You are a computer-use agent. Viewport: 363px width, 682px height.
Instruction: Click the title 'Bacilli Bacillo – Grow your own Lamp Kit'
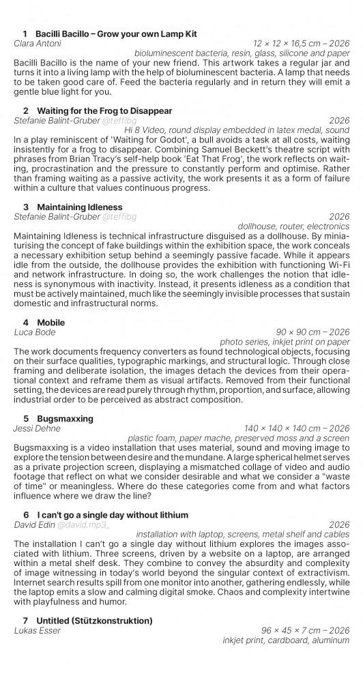pyautogui.click(x=116, y=33)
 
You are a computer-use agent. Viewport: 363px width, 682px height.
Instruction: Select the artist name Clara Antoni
pyautogui.click(x=38, y=44)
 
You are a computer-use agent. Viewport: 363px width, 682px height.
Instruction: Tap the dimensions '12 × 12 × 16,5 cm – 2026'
pyautogui.click(x=301, y=44)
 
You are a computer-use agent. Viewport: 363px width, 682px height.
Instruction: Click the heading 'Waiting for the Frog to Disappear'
pyautogui.click(x=104, y=110)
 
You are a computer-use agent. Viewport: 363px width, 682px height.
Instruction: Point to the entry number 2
pyautogui.click(x=26, y=110)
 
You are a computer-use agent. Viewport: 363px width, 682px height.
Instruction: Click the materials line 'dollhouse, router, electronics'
pyautogui.click(x=293, y=226)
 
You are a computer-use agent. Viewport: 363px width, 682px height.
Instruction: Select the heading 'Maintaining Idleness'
pyautogui.click(x=80, y=207)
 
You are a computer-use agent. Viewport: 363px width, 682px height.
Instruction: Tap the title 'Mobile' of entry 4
pyautogui.click(x=51, y=322)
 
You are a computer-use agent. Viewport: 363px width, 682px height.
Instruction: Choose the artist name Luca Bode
pyautogui.click(x=35, y=332)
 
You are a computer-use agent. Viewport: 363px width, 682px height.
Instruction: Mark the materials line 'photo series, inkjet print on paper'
pyautogui.click(x=285, y=342)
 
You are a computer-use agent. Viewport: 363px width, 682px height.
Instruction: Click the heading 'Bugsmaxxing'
pyautogui.click(x=65, y=418)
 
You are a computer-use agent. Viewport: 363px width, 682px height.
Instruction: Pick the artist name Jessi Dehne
pyautogui.click(x=37, y=428)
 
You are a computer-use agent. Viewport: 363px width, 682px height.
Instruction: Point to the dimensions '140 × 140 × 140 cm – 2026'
pyautogui.click(x=297, y=428)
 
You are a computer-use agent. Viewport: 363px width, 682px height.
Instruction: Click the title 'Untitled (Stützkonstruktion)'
pyautogui.click(x=95, y=621)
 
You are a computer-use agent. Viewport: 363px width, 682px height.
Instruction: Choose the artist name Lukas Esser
pyautogui.click(x=38, y=631)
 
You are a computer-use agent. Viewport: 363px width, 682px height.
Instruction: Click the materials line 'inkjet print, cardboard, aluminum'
pyautogui.click(x=286, y=640)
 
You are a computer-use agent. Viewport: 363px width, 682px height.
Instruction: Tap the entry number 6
pyautogui.click(x=26, y=515)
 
